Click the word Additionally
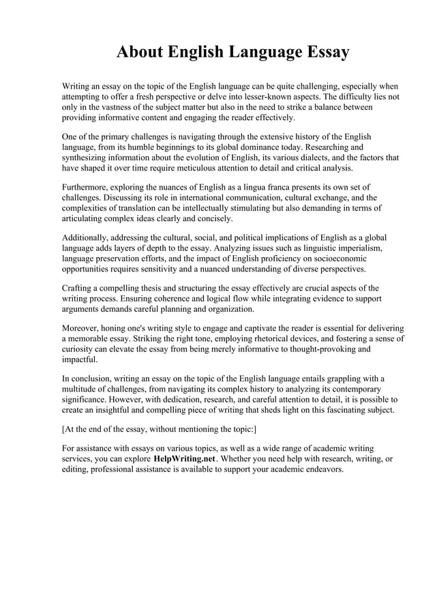(88, 238)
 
